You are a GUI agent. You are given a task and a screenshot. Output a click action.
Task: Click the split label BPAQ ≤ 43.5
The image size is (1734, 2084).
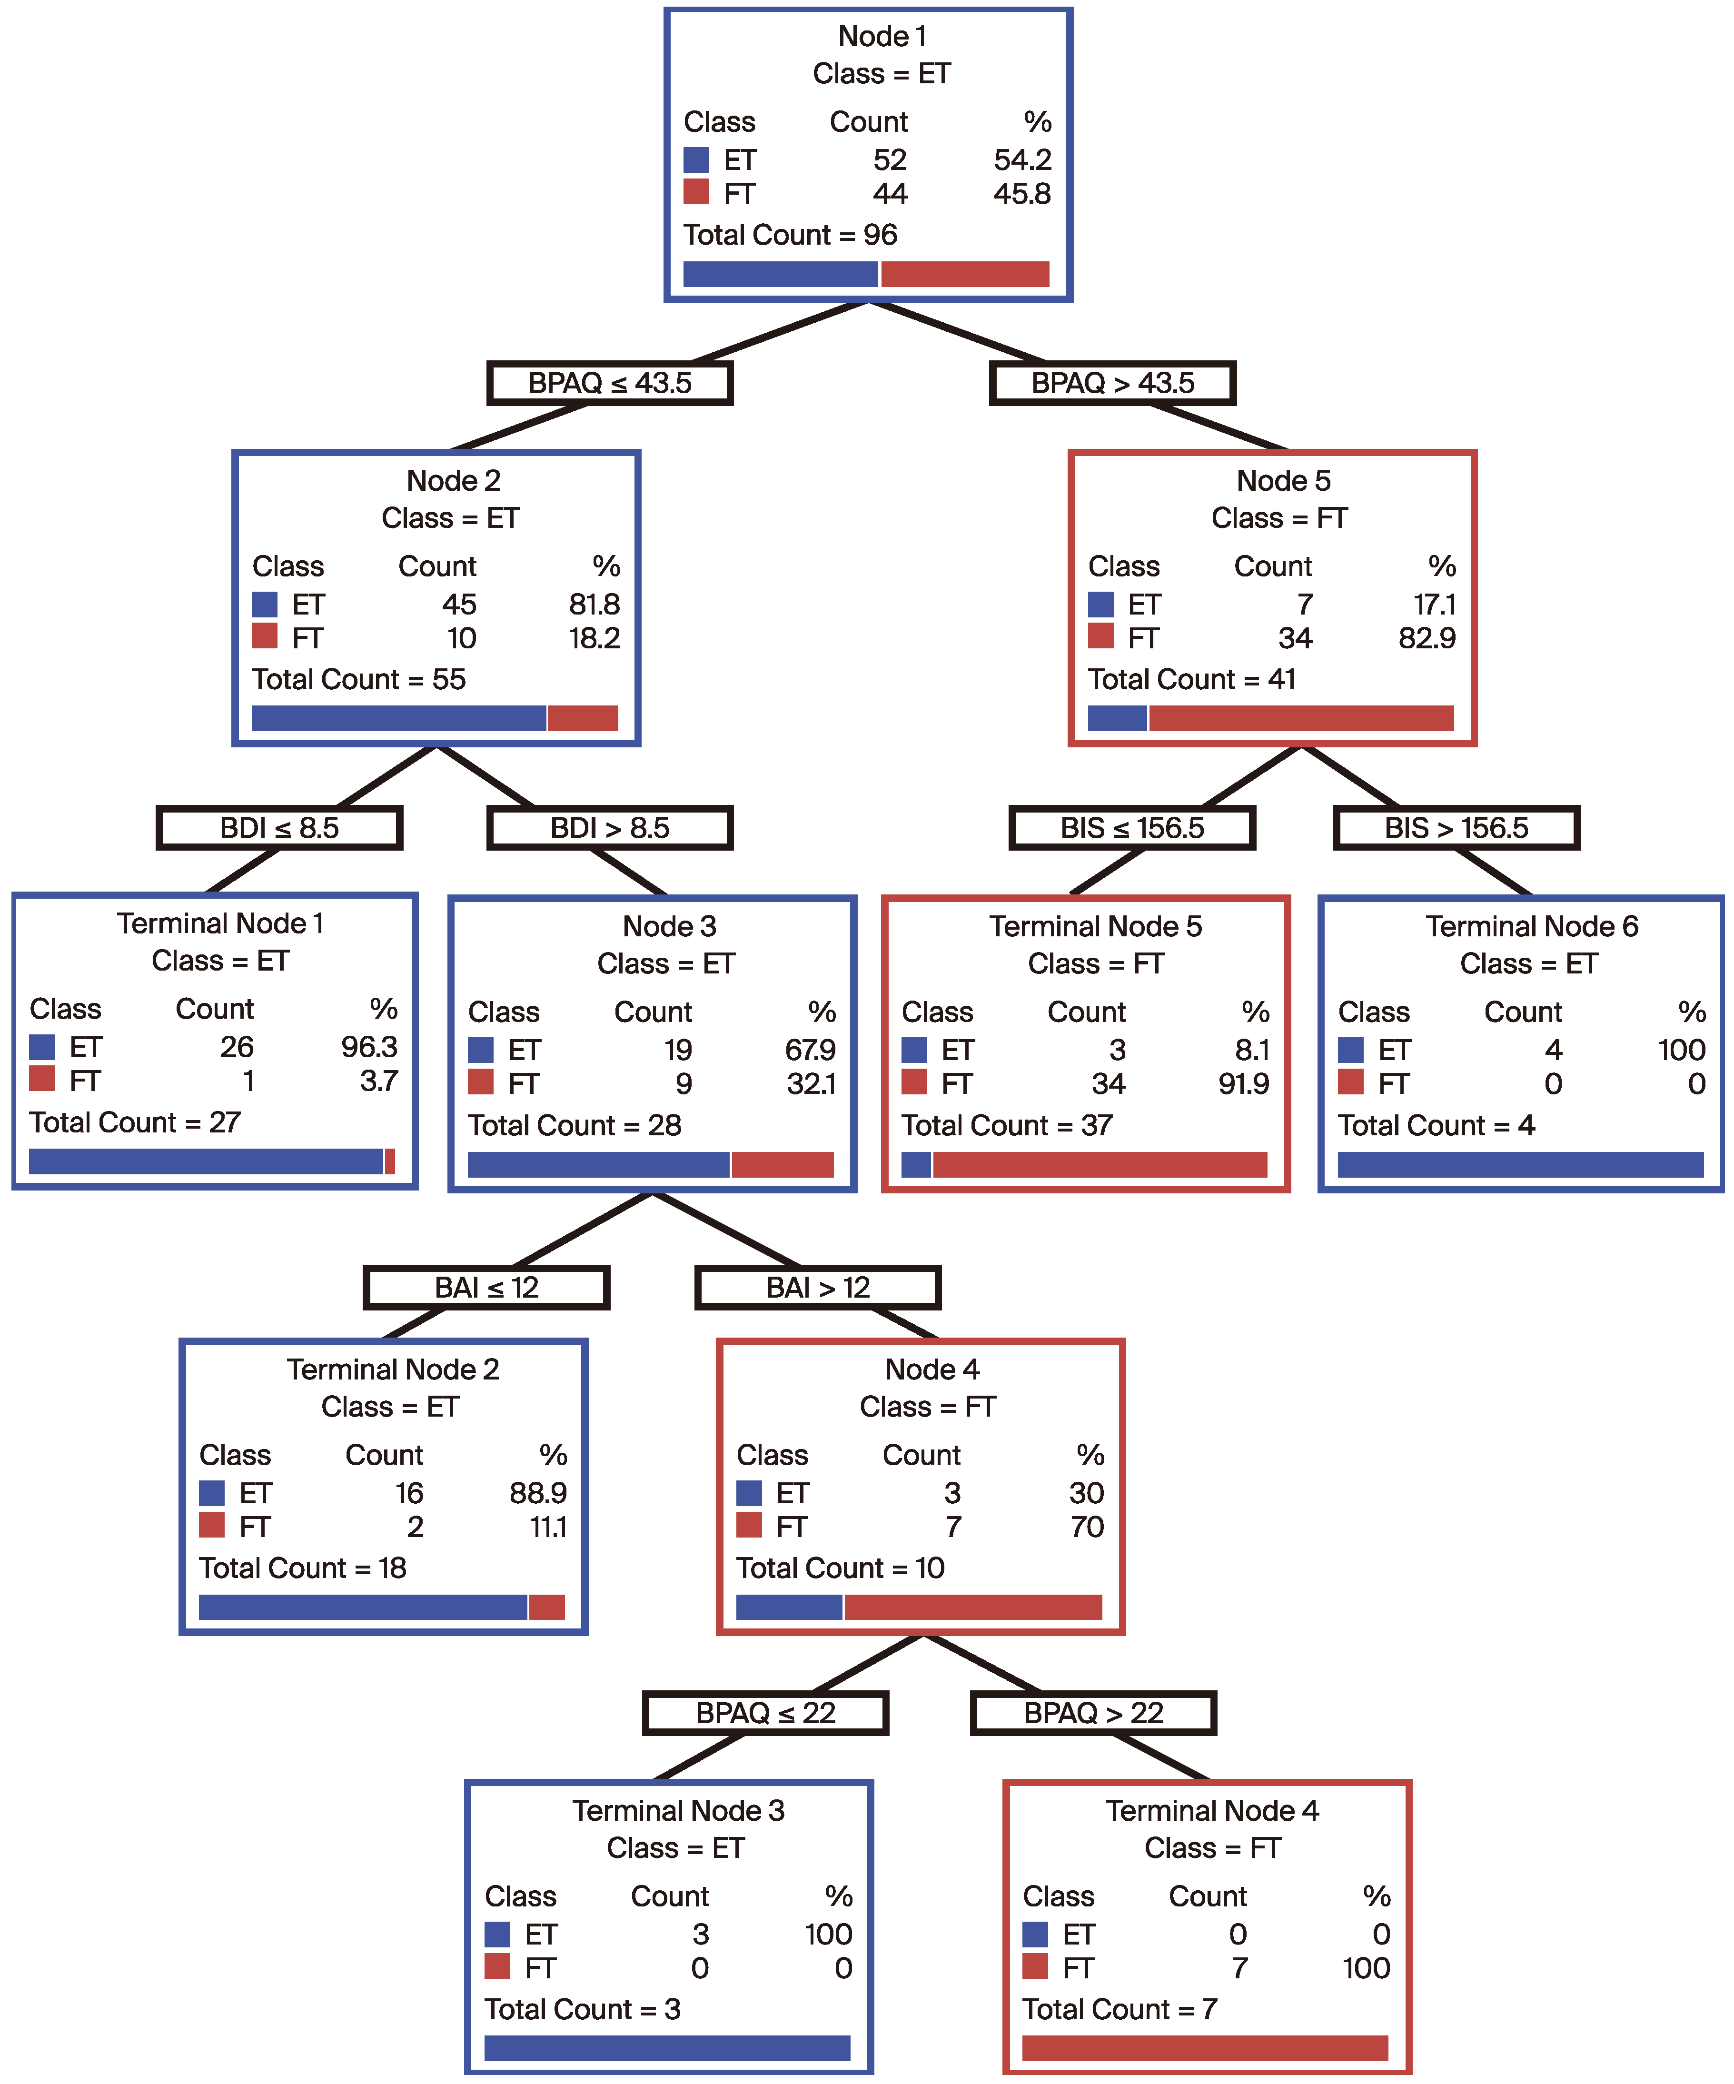coord(609,383)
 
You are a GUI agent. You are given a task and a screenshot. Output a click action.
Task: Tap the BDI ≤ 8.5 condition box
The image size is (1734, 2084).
coord(279,828)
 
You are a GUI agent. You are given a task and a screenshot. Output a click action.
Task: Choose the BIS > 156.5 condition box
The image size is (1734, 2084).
coord(1456,828)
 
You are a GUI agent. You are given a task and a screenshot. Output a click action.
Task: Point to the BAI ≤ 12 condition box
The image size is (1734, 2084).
coord(486,1287)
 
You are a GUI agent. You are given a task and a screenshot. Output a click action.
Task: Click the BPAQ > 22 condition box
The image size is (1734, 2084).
coord(1093,1713)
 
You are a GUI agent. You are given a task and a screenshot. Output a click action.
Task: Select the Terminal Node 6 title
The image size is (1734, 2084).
coord(1532,926)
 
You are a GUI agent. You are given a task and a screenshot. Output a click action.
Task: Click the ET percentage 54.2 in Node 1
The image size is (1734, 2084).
coord(1022,160)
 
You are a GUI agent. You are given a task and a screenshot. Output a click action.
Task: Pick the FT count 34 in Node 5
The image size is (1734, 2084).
coord(1294,638)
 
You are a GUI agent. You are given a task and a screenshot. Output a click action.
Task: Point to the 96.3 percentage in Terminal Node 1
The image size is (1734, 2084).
coord(369,1047)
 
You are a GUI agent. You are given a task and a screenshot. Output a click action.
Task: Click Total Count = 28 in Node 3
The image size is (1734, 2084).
coord(575,1125)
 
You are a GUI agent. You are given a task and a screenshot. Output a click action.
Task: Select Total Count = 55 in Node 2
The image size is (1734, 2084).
coord(358,680)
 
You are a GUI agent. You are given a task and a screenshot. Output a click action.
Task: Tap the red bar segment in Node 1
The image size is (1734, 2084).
coord(965,274)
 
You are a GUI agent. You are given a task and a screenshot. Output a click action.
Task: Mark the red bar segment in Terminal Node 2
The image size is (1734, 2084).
coord(547,1607)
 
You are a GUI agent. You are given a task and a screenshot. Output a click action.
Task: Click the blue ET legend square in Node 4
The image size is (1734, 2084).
coord(749,1492)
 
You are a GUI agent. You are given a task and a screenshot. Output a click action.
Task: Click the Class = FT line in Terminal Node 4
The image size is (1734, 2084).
coord(1212,1848)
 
